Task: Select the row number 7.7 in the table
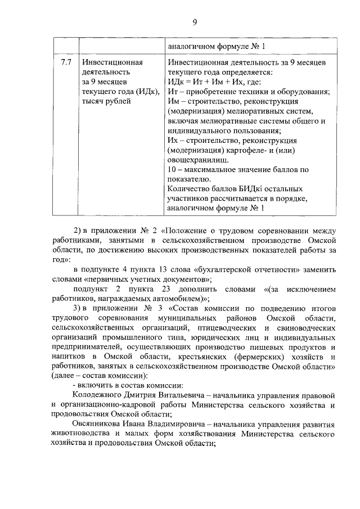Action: [x=66, y=62]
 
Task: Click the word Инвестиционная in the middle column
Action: [x=112, y=62]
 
